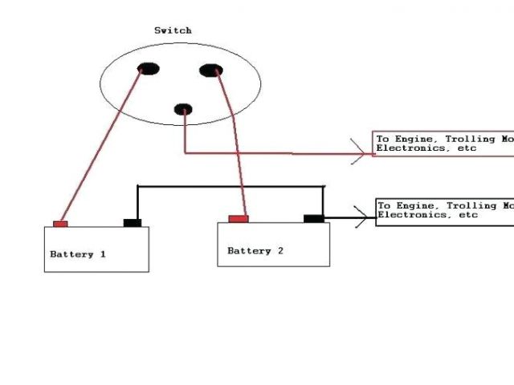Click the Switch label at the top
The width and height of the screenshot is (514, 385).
[173, 30]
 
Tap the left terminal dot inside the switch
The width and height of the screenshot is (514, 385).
[147, 69]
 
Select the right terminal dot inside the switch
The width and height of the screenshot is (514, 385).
[211, 72]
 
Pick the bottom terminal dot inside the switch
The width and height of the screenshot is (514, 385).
[184, 108]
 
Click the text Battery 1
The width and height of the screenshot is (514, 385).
[78, 254]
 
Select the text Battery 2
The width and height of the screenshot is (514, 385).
[255, 251]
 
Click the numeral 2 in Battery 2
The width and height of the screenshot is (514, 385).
[280, 251]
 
